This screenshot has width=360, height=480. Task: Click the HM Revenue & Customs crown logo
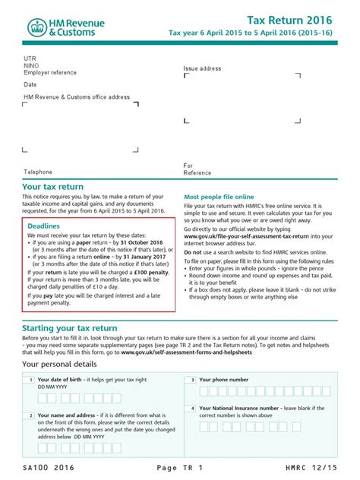point(37,29)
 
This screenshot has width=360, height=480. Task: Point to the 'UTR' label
point(30,57)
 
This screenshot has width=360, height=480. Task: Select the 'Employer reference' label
point(50,72)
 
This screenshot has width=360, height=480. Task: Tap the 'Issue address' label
point(202,68)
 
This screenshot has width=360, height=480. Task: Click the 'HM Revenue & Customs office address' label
point(77,97)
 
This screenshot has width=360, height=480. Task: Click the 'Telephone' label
point(38,172)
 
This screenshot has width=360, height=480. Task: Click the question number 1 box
point(28,380)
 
